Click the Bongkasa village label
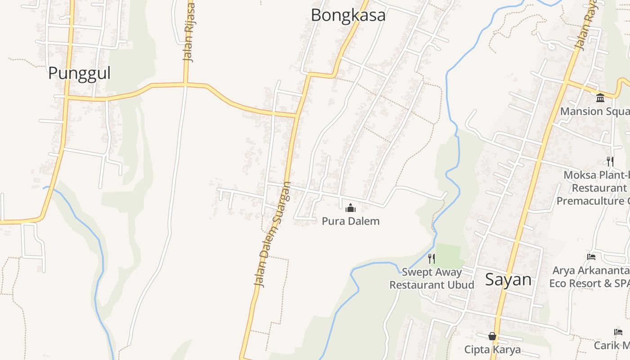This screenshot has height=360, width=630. [x=348, y=15]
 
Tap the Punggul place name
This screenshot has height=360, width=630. [x=79, y=73]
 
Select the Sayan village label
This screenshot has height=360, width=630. [x=508, y=280]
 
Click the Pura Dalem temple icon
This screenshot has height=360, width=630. [x=350, y=208]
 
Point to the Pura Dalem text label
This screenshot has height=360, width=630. [x=351, y=221]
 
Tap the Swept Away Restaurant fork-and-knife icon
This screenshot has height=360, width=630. [x=431, y=258]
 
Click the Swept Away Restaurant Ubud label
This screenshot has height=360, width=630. [x=432, y=279]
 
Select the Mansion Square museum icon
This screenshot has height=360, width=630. [x=600, y=98]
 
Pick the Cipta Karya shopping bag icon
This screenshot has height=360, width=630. [x=492, y=336]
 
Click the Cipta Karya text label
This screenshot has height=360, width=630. [x=492, y=349]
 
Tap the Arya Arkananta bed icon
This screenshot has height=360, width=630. [x=591, y=257]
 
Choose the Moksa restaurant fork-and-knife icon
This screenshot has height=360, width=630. [x=610, y=161]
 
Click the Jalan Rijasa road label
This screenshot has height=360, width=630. [x=189, y=32]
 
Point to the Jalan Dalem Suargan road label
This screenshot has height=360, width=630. [x=273, y=234]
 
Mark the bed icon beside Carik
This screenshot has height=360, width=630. [x=618, y=332]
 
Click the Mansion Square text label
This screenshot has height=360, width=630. [x=594, y=111]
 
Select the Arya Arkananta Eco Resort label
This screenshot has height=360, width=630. [x=589, y=277]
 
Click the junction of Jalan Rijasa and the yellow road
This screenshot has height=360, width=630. [x=185, y=84]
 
